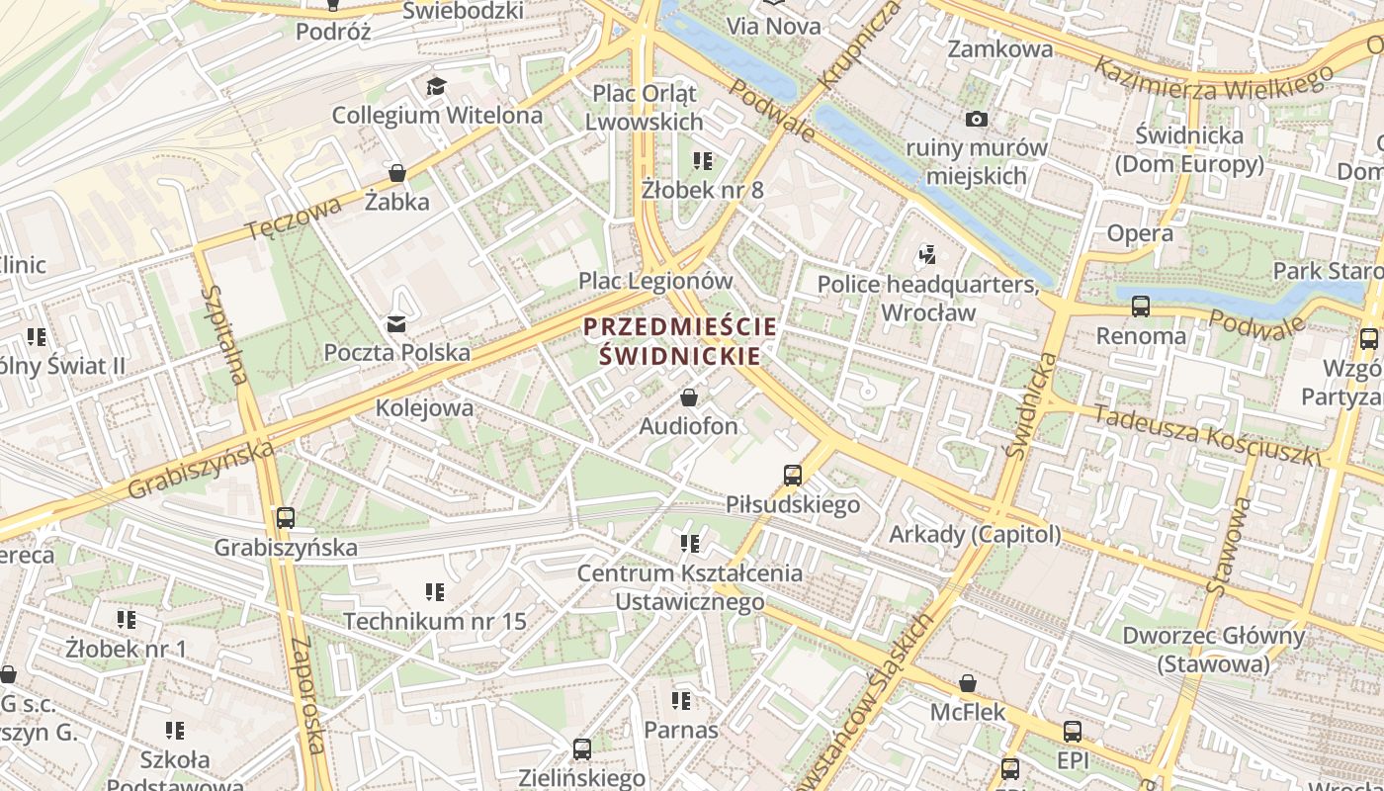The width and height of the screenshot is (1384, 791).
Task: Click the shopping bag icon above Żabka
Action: pos(397,173)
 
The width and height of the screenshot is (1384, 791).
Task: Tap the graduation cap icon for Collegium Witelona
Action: pos(436,86)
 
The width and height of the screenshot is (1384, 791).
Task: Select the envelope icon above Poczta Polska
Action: pos(396,323)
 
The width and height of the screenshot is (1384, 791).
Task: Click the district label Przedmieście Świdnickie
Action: pos(680,341)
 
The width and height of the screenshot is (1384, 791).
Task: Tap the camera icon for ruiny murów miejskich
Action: pos(977,120)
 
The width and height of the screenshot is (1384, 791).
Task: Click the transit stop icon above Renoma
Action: pos(1141,307)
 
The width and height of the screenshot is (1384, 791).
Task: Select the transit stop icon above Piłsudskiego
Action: pos(793,476)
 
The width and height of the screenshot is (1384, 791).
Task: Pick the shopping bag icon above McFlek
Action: pos(968,683)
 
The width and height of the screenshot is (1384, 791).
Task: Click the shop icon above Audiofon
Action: pos(689,397)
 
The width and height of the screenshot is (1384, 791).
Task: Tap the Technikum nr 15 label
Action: pos(435,622)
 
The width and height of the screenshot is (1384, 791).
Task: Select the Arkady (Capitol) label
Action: pos(975,535)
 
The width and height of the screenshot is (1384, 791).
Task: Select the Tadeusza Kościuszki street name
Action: pos(1207,435)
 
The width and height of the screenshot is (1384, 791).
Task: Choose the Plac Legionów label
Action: pos(655,281)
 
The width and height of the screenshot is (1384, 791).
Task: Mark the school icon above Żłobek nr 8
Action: pos(703,160)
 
